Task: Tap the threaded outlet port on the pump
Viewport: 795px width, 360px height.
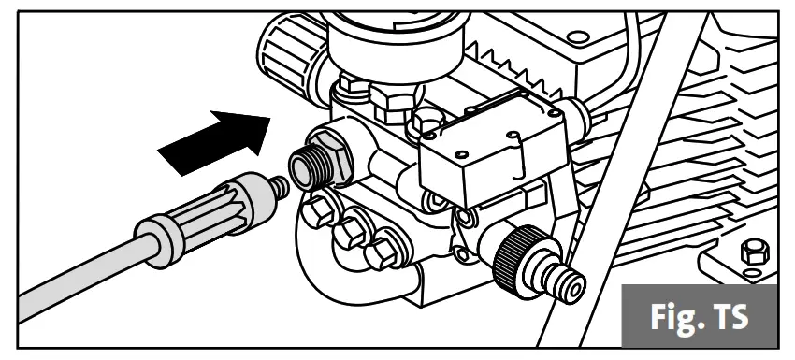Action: click(302, 166)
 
